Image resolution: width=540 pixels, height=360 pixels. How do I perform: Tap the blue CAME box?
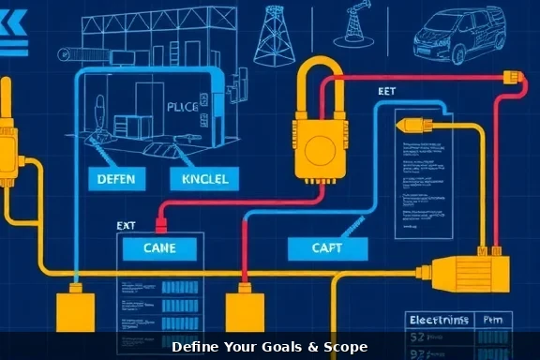click(157, 248)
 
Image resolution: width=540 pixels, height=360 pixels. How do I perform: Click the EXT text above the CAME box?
click(127, 226)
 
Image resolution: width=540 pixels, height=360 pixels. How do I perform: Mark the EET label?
click(387, 93)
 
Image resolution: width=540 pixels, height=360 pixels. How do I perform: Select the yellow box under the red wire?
click(244, 309)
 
